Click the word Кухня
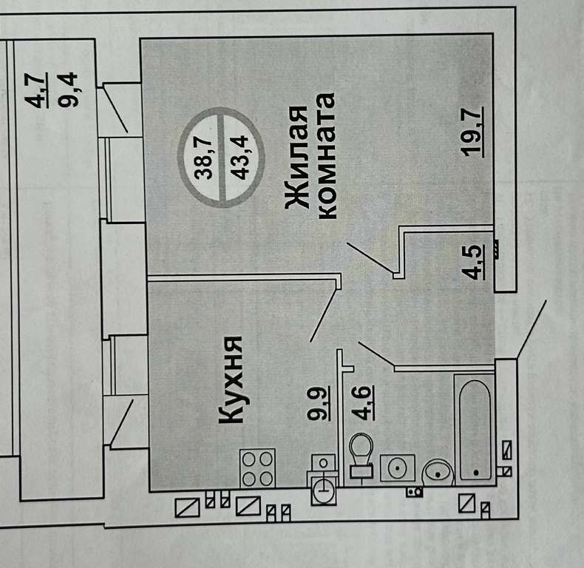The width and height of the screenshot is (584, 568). coord(231,380)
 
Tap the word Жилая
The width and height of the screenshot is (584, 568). coord(297,157)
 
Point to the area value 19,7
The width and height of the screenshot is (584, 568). coord(472,132)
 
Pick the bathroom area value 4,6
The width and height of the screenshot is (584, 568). coord(363,403)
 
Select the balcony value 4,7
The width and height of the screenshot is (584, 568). coord(35,90)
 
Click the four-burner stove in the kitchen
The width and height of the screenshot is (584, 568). coord(257,468)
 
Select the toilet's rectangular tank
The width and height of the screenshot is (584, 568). coord(361,470)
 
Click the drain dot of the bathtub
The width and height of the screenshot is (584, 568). coord(476,472)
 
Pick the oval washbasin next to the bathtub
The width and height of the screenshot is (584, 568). coord(438,473)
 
